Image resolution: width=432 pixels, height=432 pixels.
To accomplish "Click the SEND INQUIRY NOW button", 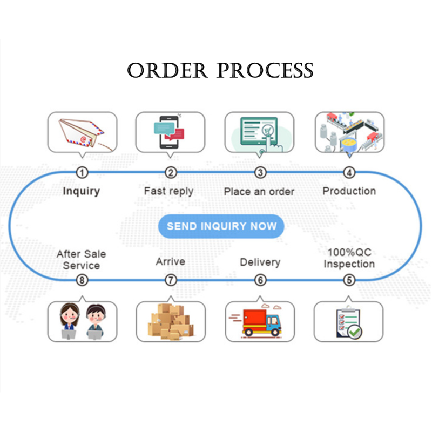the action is tap(221, 226).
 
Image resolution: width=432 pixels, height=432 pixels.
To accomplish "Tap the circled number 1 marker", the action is tap(82, 173).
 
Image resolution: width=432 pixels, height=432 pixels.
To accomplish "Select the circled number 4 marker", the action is tap(349, 173).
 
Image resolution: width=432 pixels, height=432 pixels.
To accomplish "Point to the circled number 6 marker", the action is tap(260, 280).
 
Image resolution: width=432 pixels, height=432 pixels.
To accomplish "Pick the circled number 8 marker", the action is tap(82, 280).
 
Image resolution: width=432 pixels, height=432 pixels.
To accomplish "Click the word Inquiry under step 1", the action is tap(82, 191).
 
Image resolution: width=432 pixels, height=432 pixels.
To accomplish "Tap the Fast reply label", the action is tap(168, 191).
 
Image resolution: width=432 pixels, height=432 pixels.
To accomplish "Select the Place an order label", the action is tap(259, 192).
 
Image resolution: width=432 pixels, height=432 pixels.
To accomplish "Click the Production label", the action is tap(349, 191).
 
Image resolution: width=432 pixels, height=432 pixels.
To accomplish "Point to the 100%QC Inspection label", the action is tap(349, 258).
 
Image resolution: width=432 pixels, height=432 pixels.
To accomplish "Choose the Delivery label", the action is tap(260, 262).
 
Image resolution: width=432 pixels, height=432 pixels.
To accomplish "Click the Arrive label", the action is tap(171, 262).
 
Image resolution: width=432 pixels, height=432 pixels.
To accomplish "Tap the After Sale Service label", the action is tap(82, 260).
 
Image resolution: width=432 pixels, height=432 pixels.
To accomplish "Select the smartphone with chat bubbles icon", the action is tap(168, 132).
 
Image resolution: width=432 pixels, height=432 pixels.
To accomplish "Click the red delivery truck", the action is tap(261, 322).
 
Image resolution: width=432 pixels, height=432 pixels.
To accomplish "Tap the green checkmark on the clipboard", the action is tap(355, 332).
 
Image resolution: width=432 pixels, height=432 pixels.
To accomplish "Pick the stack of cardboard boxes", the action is tap(171, 322).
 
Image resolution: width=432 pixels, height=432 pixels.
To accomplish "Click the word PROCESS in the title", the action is tap(265, 70).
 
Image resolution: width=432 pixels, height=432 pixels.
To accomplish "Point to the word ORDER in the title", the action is tap(167, 70).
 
